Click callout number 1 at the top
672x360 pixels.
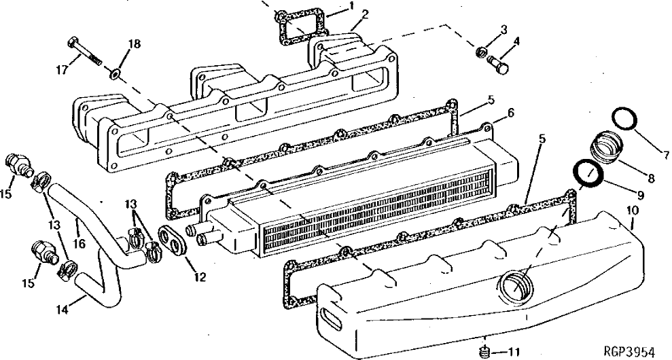coord(352,6)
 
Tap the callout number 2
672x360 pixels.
coord(365,14)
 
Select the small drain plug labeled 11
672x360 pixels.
coord(632,212)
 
